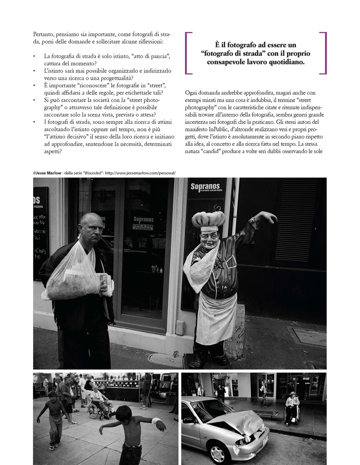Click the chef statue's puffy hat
[208, 219]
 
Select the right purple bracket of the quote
[323, 53]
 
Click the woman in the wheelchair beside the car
[292, 406]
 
